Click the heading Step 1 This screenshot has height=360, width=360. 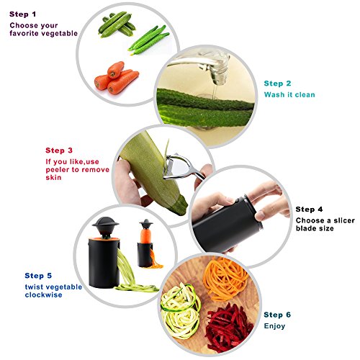[x=22, y=14]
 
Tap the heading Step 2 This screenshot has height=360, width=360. [x=277, y=84]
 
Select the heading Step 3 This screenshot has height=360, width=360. [x=59, y=150]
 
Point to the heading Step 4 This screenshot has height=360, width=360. [x=309, y=210]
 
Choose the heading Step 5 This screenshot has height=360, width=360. [x=38, y=276]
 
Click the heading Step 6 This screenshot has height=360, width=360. [x=277, y=315]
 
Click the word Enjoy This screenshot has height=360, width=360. [x=274, y=326]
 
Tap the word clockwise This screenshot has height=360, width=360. [x=43, y=294]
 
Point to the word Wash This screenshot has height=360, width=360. [x=274, y=94]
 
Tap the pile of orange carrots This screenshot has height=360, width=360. [x=117, y=78]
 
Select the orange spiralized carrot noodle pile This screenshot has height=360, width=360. [x=225, y=279]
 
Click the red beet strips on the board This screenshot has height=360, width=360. [x=229, y=328]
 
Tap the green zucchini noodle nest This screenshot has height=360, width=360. [x=181, y=311]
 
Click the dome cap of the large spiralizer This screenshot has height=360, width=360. [x=105, y=222]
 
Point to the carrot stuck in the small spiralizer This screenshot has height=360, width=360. [x=145, y=235]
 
